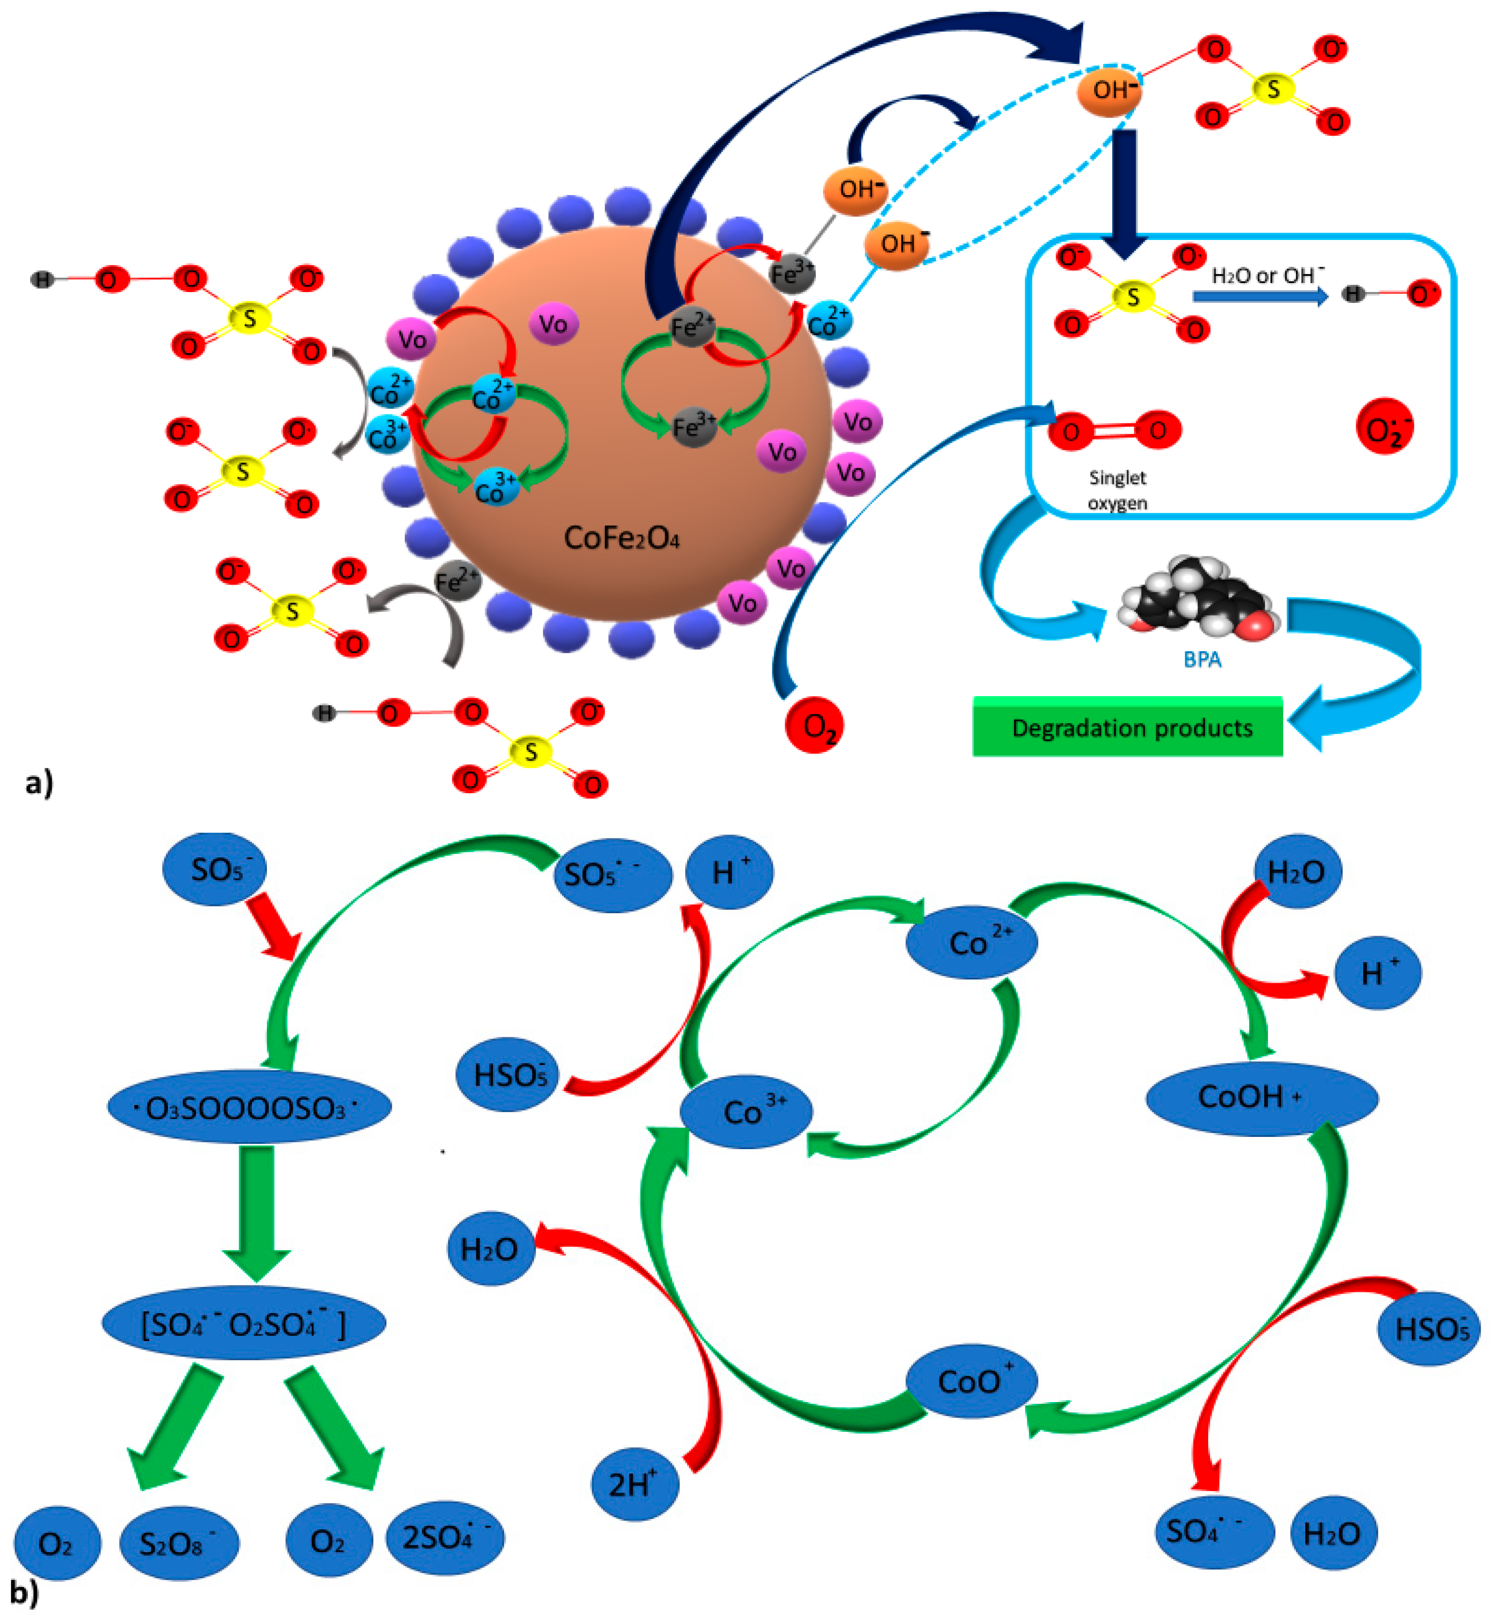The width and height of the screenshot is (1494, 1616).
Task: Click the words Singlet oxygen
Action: [x=1117, y=490]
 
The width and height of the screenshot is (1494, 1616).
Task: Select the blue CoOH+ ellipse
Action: [x=1261, y=1098]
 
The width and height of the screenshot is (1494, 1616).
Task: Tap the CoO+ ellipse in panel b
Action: [x=972, y=1381]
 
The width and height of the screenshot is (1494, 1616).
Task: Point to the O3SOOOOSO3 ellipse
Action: [x=249, y=1107]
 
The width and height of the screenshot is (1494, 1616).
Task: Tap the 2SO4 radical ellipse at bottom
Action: [x=445, y=1538]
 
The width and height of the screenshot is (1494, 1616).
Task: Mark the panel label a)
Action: [x=39, y=782]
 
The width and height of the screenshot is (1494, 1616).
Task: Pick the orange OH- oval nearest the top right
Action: [x=1109, y=90]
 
